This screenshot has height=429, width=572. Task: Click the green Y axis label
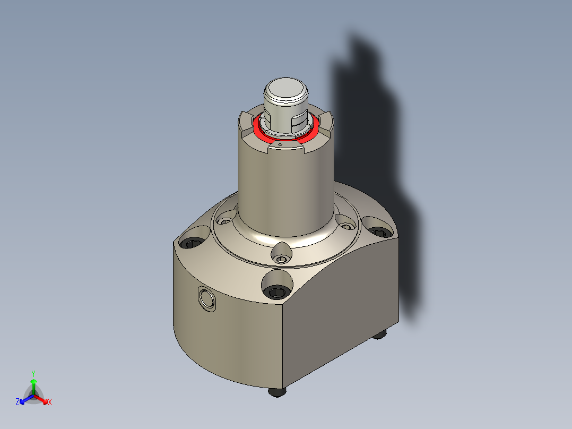coord(33,373)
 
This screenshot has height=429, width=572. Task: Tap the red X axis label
coord(50,402)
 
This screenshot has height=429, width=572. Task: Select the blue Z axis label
coord(18,402)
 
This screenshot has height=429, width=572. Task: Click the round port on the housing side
coord(206,298)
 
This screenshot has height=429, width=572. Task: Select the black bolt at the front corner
coord(277,291)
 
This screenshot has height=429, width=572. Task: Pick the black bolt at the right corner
coord(378,231)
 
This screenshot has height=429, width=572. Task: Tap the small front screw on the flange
coord(281,259)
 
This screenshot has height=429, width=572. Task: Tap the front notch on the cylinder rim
coord(287,150)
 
